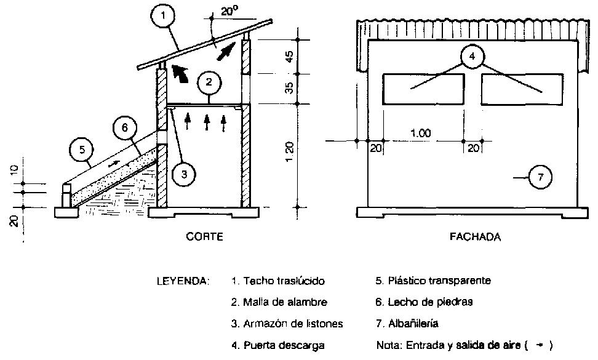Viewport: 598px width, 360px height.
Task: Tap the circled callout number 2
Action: click(210, 81)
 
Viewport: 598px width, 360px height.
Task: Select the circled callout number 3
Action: click(184, 174)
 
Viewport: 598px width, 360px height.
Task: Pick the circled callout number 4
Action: click(472, 57)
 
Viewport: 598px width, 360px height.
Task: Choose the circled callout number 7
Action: click(540, 177)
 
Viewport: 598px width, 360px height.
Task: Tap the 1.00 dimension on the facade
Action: click(421, 133)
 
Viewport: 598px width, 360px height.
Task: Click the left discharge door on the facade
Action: click(424, 89)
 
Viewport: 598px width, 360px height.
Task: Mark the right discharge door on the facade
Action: click(521, 89)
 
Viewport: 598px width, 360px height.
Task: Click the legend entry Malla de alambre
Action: click(279, 302)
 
